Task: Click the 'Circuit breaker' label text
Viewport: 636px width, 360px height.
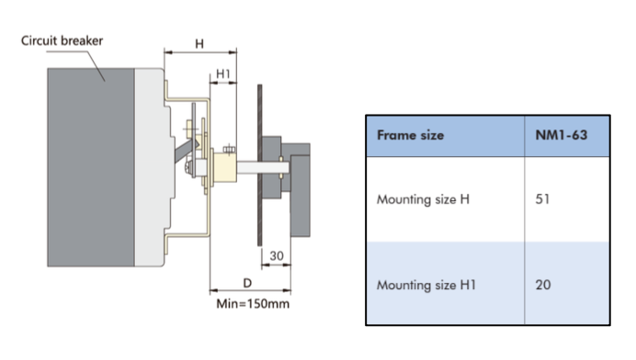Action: [62, 40]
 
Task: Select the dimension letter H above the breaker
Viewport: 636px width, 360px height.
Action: [199, 43]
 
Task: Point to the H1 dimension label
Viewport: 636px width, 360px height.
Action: [223, 73]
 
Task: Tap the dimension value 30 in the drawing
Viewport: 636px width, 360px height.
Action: [277, 256]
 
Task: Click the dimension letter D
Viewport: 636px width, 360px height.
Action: [247, 283]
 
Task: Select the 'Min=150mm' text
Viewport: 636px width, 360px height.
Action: [253, 304]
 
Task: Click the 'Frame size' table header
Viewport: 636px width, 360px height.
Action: [411, 135]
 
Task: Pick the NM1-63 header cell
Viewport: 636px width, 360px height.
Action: [562, 135]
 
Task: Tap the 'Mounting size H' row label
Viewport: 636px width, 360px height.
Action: [423, 199]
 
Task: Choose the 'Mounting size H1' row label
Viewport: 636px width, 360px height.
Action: [426, 285]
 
